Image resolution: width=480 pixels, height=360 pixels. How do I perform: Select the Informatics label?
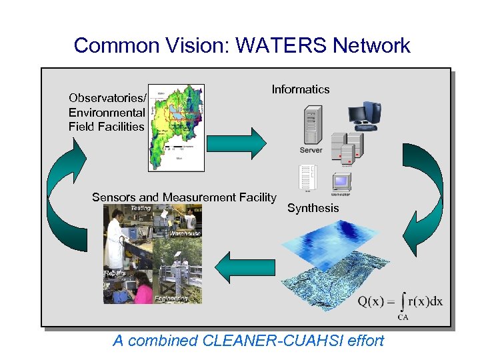point(300,89)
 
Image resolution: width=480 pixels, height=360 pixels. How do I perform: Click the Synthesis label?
point(313,208)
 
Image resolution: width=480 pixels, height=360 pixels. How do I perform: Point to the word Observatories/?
point(107,98)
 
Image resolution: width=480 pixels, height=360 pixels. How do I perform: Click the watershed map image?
point(177,127)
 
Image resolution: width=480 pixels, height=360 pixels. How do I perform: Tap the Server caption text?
point(311,151)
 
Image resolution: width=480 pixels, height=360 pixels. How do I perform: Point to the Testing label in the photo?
point(140,209)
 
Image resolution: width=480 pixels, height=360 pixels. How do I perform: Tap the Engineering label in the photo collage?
point(171,299)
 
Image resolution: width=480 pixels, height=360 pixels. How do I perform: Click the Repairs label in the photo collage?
point(115,274)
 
